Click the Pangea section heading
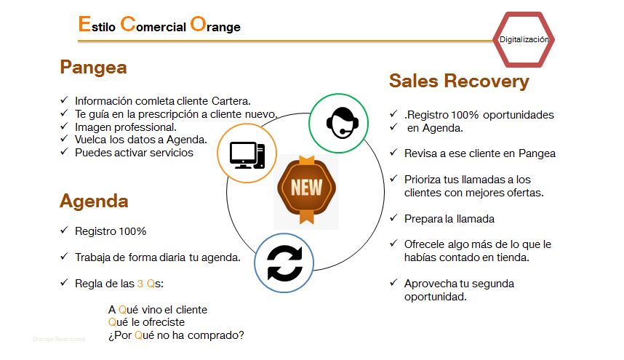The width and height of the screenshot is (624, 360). tap(93, 68)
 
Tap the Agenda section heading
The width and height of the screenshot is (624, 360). tap(94, 201)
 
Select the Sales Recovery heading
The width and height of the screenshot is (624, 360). tap(459, 81)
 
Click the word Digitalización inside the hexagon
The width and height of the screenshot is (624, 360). tap(524, 39)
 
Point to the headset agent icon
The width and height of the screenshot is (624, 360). tap(342, 123)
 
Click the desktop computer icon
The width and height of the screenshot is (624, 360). tap(247, 155)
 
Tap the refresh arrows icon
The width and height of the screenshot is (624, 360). tap(284, 263)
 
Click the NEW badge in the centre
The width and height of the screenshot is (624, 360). tap(306, 189)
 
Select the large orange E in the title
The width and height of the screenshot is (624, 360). tap(84, 24)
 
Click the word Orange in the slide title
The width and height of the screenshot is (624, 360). tap(215, 25)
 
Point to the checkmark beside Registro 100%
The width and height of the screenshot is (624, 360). tap(64, 231)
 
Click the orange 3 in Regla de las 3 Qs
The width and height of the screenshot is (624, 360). tap(140, 284)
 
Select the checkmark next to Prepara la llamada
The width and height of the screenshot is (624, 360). tap(393, 217)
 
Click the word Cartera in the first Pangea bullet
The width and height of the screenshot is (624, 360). tap(231, 101)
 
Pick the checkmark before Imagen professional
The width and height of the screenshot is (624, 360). tap(64, 126)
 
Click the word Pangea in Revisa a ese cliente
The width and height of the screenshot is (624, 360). tap(537, 153)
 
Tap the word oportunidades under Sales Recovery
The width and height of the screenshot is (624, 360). tap(518, 115)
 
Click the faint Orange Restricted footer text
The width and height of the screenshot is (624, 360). tap(59, 340)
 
